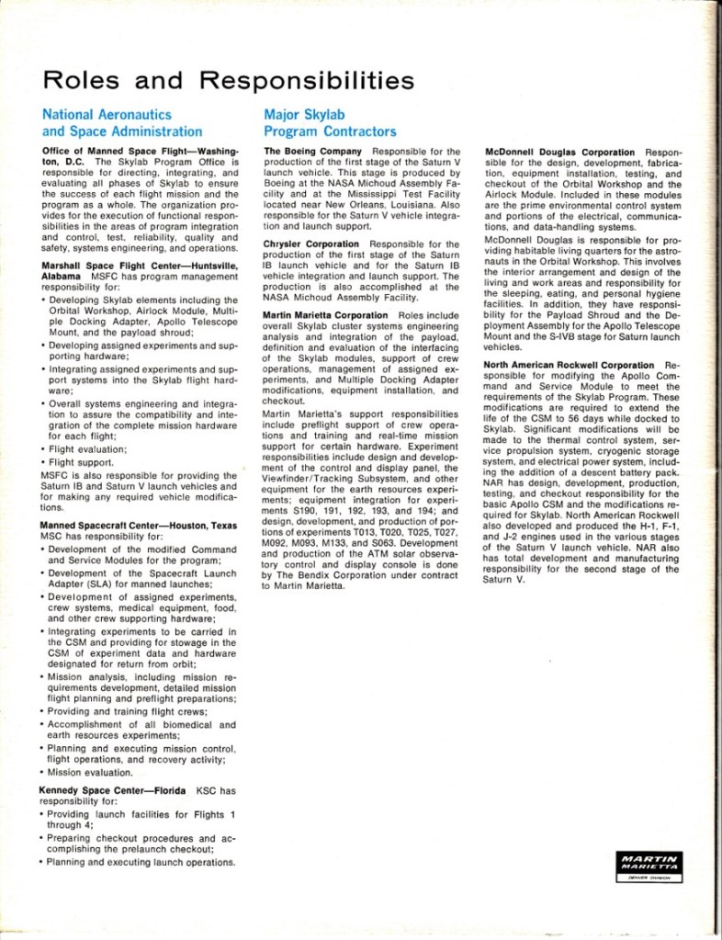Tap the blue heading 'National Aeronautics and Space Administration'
click(122, 123)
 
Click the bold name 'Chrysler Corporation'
click(311, 244)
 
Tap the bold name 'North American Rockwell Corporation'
click(567, 365)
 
